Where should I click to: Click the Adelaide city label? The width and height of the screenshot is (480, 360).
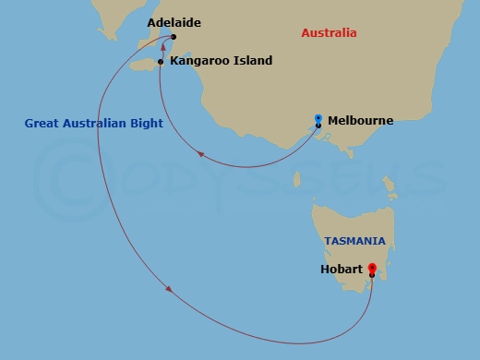pyautogui.click(x=174, y=21)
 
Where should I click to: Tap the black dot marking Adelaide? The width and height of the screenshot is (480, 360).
pyautogui.click(x=174, y=38)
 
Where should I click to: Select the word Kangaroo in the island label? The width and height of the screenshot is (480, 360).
pyautogui.click(x=200, y=61)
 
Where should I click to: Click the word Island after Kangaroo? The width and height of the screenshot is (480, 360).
pyautogui.click(x=253, y=61)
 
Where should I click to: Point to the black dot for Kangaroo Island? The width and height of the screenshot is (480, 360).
pyautogui.click(x=161, y=62)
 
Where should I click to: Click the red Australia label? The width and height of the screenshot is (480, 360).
pyautogui.click(x=329, y=33)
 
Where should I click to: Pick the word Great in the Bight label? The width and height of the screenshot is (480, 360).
pyautogui.click(x=43, y=123)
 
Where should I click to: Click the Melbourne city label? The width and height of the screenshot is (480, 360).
pyautogui.click(x=361, y=120)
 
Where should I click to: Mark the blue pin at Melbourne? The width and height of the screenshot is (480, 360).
pyautogui.click(x=318, y=119)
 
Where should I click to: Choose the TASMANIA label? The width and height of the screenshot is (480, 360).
pyautogui.click(x=354, y=241)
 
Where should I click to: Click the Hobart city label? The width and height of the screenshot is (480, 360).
pyautogui.click(x=341, y=270)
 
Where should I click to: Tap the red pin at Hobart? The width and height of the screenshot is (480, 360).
pyautogui.click(x=371, y=269)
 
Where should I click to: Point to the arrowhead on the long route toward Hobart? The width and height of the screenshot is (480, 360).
pyautogui.click(x=170, y=292)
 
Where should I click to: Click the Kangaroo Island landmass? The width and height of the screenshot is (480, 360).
pyautogui.click(x=145, y=65)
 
